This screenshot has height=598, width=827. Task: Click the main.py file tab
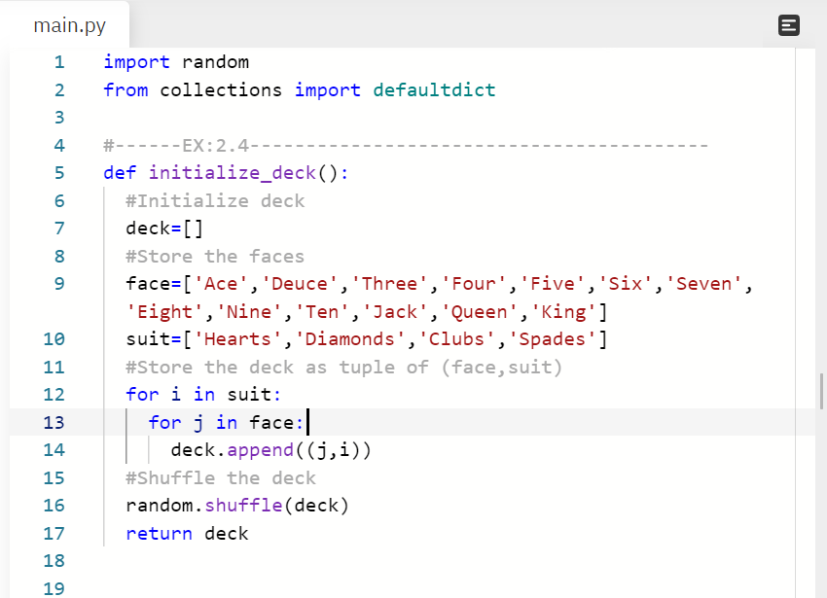[69, 25]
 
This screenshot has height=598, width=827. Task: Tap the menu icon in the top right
[788, 25]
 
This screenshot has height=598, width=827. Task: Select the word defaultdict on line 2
[434, 90]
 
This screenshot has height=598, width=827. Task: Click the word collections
[221, 90]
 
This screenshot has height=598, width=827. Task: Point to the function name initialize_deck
[233, 173]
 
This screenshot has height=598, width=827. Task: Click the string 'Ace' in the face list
[221, 284]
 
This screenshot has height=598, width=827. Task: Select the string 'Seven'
[704, 284]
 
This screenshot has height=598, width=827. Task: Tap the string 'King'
[563, 312]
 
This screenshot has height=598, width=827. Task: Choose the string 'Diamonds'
[349, 339]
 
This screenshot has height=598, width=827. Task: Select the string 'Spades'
[553, 339]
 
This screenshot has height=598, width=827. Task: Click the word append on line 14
[260, 450]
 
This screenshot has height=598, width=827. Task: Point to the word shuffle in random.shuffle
[243, 506]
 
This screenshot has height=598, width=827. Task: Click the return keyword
[159, 533]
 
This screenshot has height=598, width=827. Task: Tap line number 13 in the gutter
[54, 422]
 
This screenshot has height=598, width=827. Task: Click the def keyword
[120, 173]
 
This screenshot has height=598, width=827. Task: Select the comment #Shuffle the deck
[221, 477]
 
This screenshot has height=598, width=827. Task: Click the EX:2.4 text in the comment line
[216, 145]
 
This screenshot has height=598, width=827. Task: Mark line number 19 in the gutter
[54, 588]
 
